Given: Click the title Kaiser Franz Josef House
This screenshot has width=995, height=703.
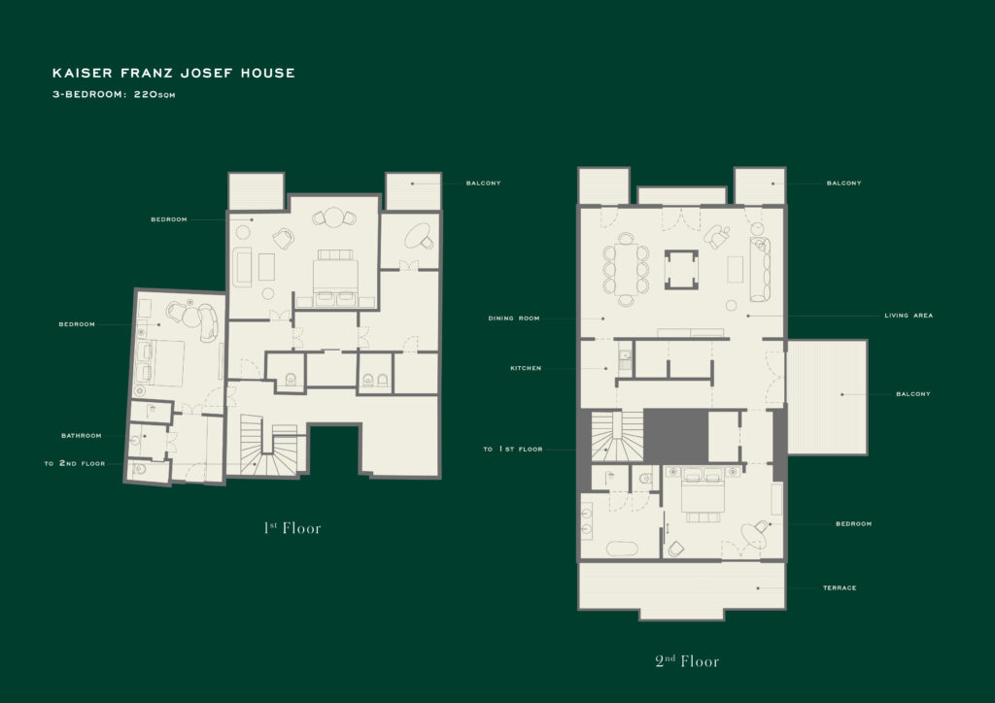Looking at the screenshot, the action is coord(173,73).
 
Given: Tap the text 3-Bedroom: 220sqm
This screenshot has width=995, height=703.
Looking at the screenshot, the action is coord(114,94).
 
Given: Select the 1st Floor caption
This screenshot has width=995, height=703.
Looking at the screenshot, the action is coord(292,528).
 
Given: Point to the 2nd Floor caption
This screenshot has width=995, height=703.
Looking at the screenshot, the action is coord(687,661).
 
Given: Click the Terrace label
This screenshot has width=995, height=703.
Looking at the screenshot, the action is coord(840,588).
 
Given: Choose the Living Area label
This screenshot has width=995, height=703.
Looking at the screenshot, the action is coord(909,315).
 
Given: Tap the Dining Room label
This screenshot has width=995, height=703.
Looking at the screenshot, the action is coord(514,318).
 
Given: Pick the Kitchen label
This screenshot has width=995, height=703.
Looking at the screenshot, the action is coord(526,368).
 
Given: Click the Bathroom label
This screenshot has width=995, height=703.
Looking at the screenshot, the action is coord(82,436).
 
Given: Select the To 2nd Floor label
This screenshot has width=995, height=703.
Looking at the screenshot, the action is coord(75,463).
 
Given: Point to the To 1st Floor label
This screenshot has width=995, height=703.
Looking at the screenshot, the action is coord(513,449).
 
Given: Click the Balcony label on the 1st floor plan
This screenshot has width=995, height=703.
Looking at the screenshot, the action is coord(484,184).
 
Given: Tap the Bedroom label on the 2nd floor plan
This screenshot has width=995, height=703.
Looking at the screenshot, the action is coord(853,523).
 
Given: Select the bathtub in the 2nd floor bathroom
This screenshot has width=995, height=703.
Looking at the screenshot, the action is coord(622,549).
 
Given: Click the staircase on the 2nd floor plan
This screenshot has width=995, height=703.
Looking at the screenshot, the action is coord(617,436).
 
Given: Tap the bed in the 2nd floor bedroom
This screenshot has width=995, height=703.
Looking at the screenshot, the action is coord(703,494).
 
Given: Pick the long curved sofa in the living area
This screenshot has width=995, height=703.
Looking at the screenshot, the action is coord(760,269).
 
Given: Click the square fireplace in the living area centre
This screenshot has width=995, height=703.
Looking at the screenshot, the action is coord(681,269).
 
